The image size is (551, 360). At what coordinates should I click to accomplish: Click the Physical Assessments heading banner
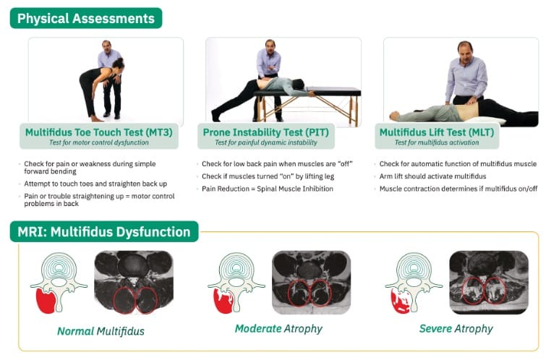(x=86, y=18)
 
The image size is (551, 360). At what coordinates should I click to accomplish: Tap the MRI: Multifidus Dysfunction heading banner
(x=104, y=232)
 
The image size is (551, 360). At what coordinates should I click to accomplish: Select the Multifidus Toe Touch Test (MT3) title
(x=99, y=132)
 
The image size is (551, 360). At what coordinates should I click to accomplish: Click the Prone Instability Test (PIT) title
(x=266, y=132)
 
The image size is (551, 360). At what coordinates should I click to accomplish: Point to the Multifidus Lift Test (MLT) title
(x=437, y=132)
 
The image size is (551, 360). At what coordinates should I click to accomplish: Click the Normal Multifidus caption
(x=101, y=331)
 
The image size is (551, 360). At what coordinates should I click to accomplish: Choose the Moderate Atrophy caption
(x=278, y=329)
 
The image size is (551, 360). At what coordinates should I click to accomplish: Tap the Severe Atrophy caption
(x=456, y=329)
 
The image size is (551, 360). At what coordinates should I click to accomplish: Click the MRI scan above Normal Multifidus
(x=134, y=283)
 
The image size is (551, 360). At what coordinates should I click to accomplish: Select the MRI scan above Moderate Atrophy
(x=312, y=283)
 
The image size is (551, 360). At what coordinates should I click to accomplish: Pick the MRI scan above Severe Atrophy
(x=489, y=283)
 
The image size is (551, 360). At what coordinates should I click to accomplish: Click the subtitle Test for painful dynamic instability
(x=266, y=142)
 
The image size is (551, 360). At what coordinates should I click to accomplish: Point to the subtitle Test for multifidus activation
(x=437, y=142)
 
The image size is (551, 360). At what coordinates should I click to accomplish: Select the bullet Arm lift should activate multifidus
(x=432, y=176)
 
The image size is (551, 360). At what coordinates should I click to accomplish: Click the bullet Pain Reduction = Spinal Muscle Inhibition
(x=268, y=189)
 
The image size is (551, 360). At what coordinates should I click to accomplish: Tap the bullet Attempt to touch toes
(x=95, y=184)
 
